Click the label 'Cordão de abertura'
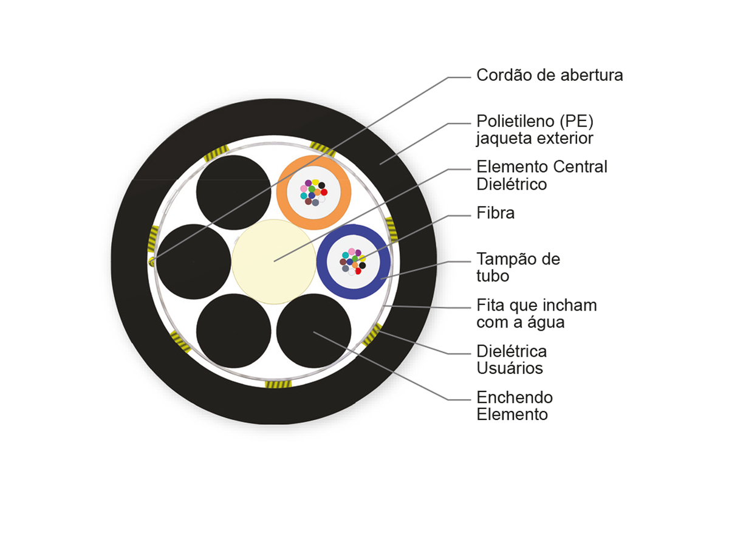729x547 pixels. [549, 75]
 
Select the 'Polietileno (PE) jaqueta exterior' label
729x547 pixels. [535, 129]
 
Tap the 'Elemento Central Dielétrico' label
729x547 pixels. [542, 176]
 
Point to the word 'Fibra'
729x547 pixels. [496, 213]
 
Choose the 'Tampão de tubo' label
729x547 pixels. [518, 267]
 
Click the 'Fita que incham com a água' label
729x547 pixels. [536, 314]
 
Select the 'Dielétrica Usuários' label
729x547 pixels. [512, 360]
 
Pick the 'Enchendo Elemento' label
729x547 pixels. [515, 405]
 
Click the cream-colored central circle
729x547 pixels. [273, 262]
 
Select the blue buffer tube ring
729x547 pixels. [321, 262]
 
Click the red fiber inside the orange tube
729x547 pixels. [324, 192]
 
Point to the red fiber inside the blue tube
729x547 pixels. [358, 271]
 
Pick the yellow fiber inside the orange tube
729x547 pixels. [315, 182]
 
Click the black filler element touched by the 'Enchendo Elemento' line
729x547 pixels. [313, 331]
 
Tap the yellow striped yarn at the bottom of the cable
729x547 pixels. [278, 384]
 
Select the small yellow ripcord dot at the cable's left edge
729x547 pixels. [151, 261]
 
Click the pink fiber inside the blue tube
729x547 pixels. [351, 252]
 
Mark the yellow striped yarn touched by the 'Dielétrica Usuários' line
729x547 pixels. [372, 334]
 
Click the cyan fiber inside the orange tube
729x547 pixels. [304, 196]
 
